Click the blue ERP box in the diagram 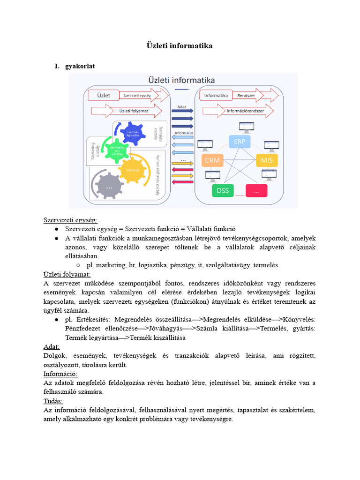[239, 142]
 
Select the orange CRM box [212, 161]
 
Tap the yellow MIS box [267, 161]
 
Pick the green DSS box [223, 190]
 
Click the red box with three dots [256, 190]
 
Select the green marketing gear [114, 150]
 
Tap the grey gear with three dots [109, 187]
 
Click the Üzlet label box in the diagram [104, 95]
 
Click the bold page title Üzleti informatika [180, 45]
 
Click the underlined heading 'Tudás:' [53, 401]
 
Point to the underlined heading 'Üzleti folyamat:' [67, 274]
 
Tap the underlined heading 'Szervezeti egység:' [71, 220]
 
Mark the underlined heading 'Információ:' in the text [60, 374]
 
